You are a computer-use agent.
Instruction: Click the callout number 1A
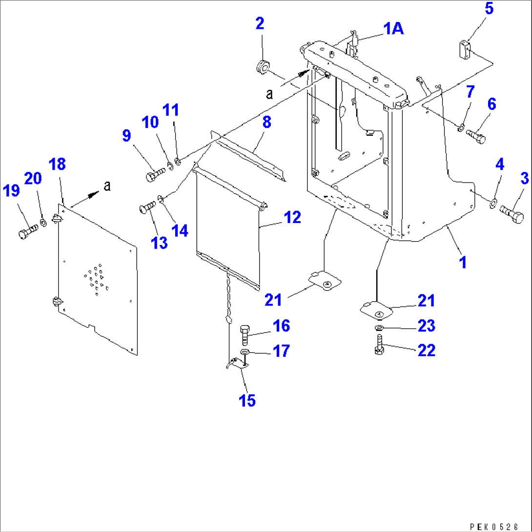[x=393, y=29]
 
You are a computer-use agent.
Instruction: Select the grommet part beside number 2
[x=263, y=67]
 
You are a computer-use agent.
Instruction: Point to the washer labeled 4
[x=493, y=202]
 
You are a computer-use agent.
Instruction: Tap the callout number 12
[x=292, y=217]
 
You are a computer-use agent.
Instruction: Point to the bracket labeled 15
[x=238, y=363]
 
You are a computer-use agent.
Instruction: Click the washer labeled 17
[x=245, y=352]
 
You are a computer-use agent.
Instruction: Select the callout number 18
[x=58, y=164]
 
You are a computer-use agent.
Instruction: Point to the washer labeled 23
[x=379, y=328]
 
